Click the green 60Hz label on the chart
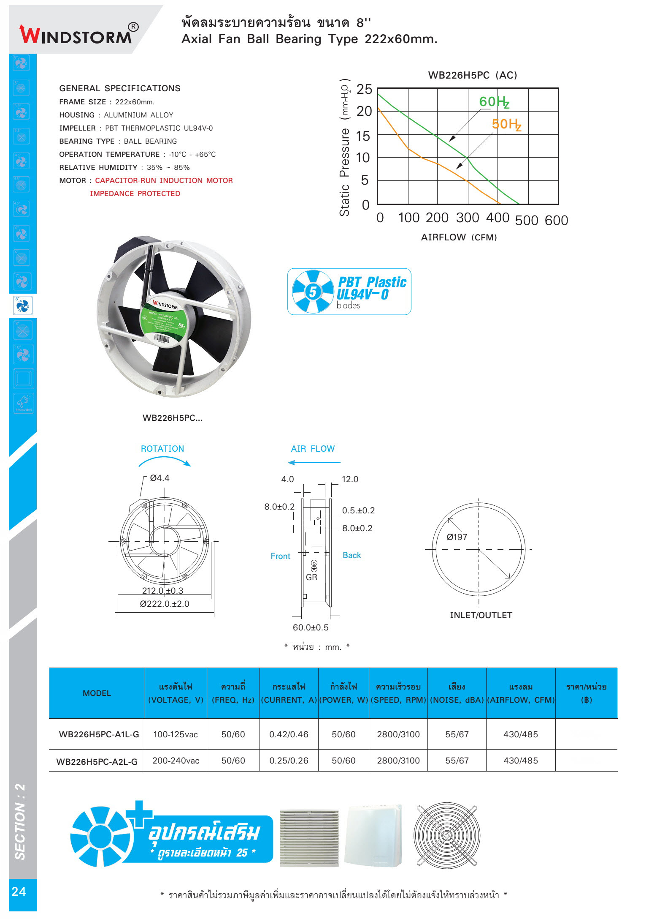[494, 102]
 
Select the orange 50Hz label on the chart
[506, 124]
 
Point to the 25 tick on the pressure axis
[364, 89]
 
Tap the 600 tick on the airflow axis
[556, 220]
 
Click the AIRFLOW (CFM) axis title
[459, 237]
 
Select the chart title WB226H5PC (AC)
[472, 75]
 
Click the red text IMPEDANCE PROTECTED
[135, 194]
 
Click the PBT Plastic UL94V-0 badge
[349, 292]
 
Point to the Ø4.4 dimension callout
[160, 478]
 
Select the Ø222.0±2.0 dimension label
[165, 604]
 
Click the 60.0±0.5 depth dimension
[311, 627]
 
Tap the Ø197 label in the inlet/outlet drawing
[457, 537]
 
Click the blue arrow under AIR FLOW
[314, 463]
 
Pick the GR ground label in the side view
[311, 577]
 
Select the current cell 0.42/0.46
[289, 734]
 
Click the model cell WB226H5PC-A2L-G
[97, 761]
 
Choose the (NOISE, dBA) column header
[457, 700]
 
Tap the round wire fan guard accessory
[446, 836]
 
